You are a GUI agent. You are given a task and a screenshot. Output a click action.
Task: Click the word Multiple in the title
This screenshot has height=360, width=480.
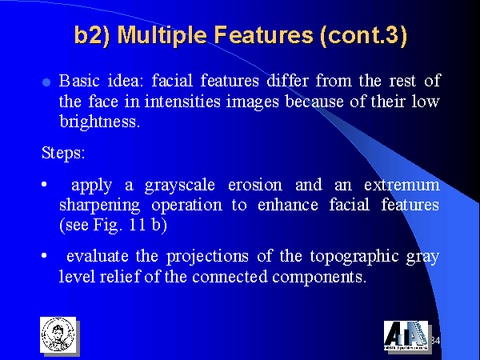pos(162,35)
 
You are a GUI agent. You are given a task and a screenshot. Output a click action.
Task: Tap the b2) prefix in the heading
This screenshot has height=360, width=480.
pos(92,35)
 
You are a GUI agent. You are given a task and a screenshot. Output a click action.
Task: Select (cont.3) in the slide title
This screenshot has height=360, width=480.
pos(363,35)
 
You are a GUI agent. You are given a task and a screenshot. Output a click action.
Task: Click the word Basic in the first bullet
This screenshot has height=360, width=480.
pos(79,81)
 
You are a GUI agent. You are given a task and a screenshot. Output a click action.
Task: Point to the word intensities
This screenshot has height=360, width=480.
pos(182,101)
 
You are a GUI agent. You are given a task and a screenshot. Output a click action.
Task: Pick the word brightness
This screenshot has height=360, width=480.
pos(99,122)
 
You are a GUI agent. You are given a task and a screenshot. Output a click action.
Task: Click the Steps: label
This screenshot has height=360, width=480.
pos(63,153)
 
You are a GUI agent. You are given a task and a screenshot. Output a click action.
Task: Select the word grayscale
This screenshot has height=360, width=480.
pos(180,186)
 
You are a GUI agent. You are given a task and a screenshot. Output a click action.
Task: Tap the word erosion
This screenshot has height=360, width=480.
pos(255,185)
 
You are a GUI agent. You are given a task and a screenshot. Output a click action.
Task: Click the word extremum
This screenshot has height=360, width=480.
pos(402,185)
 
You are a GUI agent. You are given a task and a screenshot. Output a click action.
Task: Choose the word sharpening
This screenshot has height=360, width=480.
pos(99,206)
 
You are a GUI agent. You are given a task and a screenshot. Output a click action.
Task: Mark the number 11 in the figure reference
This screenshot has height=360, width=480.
pos(138,225)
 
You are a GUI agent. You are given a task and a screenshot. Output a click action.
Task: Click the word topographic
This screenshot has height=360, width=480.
pos(354,257)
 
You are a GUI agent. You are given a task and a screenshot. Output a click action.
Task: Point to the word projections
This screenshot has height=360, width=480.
pos(207,257)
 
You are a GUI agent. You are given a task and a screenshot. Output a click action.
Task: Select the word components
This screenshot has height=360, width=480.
pos(319,277)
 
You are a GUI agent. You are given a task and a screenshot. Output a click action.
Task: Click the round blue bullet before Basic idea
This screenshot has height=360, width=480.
pos(46,82)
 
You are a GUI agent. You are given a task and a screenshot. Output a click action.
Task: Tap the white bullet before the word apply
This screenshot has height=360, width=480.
pos(44,184)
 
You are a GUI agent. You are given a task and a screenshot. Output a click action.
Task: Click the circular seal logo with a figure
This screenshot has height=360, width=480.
pos(58,334)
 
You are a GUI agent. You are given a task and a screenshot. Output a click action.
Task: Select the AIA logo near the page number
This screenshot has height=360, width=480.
pos(406,336)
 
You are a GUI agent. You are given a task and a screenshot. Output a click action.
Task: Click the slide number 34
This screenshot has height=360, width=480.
pos(435,341)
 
